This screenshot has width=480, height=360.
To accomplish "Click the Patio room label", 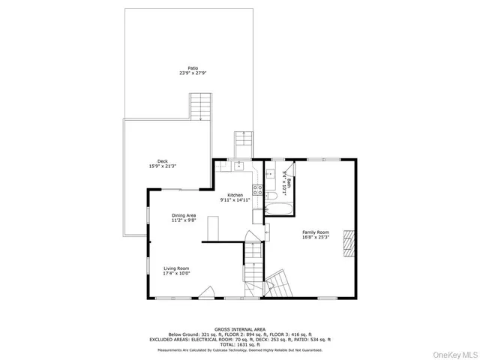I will coord(188,70).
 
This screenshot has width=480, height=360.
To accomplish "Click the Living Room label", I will coord(177,271).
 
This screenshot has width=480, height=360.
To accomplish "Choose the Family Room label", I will coord(316,235).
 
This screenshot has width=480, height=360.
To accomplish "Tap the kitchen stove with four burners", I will coord(256,190).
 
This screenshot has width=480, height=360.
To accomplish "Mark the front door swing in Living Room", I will coord(212,293).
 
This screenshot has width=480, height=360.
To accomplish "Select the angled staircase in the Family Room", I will coord(277,284).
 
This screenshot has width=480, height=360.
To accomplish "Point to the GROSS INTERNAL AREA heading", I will coord(239,329).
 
